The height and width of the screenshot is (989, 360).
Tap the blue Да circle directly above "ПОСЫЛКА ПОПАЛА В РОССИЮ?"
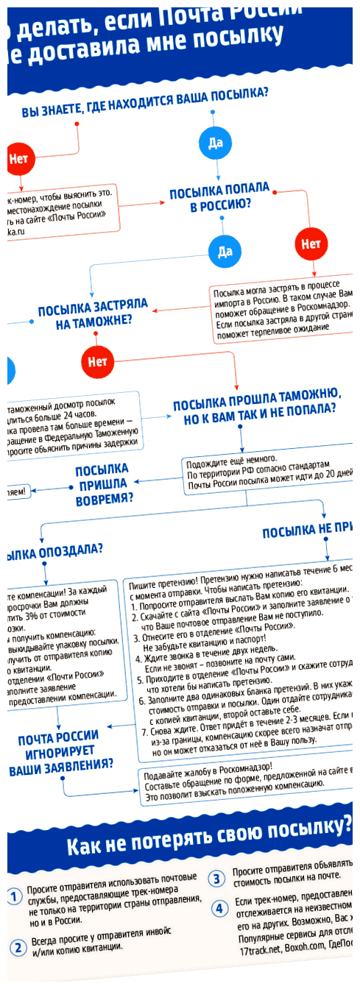point(214,143)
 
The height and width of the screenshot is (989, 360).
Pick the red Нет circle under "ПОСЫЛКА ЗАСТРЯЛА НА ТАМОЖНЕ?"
point(96,361)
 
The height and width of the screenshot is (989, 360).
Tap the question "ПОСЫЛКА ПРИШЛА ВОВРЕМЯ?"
point(102,483)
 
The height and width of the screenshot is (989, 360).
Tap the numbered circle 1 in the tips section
point(14,896)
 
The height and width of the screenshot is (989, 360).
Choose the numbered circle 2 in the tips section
point(17,946)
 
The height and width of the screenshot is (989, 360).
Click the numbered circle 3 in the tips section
point(217,878)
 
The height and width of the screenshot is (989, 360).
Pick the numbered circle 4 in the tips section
point(219,908)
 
